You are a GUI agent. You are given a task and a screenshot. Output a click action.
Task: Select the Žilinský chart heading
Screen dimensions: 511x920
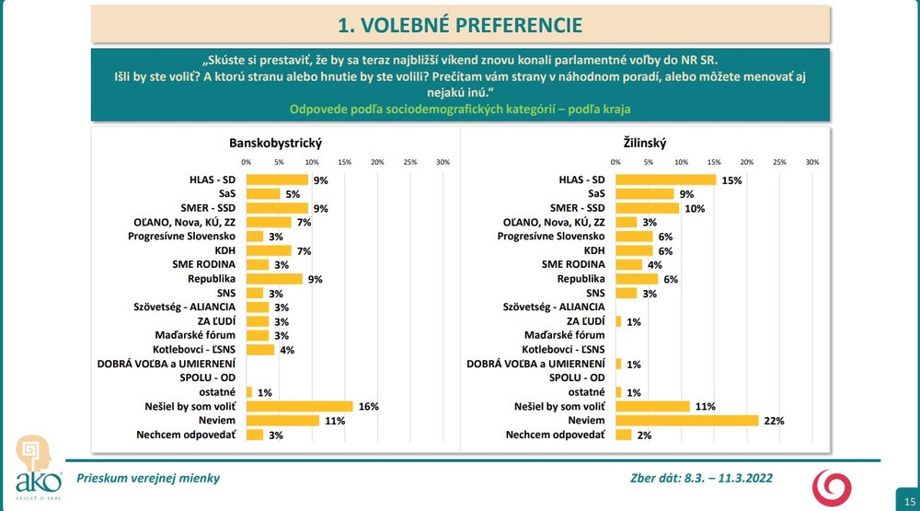(x=643, y=143)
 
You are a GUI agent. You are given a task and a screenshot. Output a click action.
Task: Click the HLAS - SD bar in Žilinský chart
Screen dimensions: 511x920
(x=665, y=180)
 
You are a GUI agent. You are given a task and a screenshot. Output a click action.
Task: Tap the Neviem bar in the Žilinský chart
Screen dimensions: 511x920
(x=687, y=420)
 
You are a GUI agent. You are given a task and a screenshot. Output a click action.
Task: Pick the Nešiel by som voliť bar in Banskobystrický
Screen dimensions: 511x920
(x=299, y=406)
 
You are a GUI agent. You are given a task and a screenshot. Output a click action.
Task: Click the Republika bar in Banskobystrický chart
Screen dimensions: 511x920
(x=274, y=279)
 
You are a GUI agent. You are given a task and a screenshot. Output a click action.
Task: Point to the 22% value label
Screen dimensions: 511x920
(x=774, y=421)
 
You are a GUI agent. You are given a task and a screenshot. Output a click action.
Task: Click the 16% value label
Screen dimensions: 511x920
(x=368, y=407)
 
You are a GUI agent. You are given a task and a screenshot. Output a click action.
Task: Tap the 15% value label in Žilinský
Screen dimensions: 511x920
(x=731, y=181)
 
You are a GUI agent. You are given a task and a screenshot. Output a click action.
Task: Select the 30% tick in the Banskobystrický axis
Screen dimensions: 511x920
(x=443, y=163)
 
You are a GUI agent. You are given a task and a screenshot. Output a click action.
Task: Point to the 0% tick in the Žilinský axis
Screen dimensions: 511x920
(x=615, y=163)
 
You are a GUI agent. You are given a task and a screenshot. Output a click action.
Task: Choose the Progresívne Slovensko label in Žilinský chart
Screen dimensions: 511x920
(x=551, y=237)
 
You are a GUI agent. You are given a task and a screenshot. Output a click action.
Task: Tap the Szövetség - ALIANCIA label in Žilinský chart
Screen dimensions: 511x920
(x=554, y=307)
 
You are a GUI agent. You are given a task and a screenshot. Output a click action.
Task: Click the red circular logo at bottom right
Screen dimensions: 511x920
(x=831, y=485)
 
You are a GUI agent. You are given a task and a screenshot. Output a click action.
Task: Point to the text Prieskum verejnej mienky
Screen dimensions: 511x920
(x=148, y=478)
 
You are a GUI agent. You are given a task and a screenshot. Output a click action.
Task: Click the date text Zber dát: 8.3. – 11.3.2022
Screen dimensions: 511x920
(x=699, y=478)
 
